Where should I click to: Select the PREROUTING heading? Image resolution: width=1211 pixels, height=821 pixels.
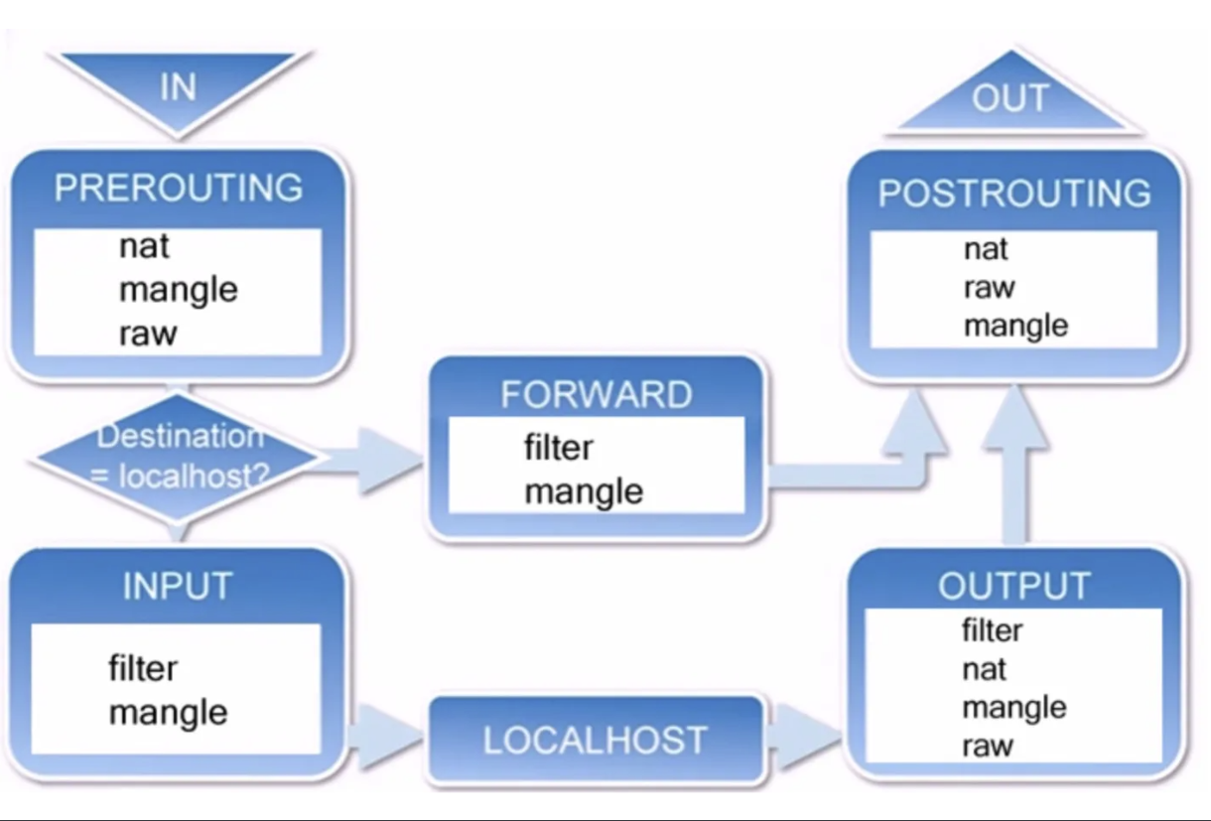point(179,189)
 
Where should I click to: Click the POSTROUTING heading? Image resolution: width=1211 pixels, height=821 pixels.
point(1014,193)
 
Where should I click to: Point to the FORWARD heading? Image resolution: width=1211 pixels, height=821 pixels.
point(597,394)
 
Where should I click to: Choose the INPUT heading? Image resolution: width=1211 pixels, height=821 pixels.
point(178,586)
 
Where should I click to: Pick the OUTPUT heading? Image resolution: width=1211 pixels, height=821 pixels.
point(1014,586)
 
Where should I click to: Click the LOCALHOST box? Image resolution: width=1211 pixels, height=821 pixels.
point(596,739)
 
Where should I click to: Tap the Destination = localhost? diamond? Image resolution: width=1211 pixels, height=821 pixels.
point(179,457)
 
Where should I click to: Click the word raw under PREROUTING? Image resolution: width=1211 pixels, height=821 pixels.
point(148,334)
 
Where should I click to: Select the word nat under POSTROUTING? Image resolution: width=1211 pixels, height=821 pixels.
point(986,249)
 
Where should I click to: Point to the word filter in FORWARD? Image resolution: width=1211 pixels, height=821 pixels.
point(559,448)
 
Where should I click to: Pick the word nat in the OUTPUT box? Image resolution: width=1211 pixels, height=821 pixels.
point(985,669)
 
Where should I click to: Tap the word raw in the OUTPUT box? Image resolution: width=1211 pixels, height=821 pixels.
point(988,747)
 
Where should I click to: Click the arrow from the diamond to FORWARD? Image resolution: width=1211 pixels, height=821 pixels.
point(367,461)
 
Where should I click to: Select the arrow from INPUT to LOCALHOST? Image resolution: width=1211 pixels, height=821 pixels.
point(385,736)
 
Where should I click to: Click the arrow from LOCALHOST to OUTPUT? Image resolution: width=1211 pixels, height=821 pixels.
point(803,736)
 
